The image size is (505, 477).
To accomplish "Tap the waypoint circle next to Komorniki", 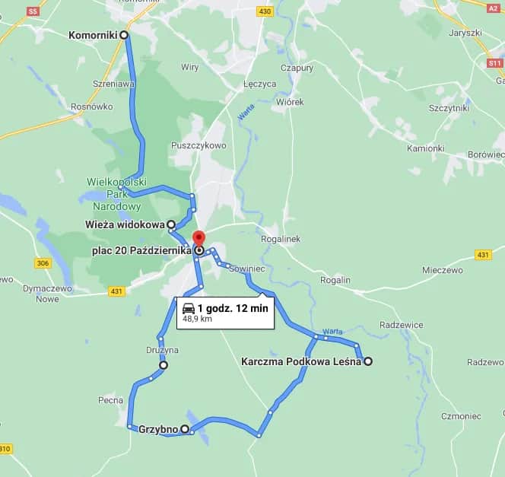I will tap(124, 35).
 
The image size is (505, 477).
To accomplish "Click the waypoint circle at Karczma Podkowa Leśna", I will tap(368, 361).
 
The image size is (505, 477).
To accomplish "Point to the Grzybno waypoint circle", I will tap(185, 429).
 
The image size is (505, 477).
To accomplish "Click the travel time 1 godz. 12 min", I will tap(233, 308).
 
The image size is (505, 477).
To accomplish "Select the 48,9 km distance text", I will tap(196, 320).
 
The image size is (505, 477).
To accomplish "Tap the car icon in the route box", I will tap(188, 308).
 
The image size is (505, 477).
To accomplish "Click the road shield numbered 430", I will tap(265, 11).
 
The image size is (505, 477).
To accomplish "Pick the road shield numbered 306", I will tap(43, 263).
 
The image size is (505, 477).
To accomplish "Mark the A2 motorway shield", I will tap(493, 8).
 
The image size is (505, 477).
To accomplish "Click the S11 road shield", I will tap(494, 63).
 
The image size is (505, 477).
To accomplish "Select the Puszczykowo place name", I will tap(199, 145).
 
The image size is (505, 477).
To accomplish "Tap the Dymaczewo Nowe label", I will tap(47, 294).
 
